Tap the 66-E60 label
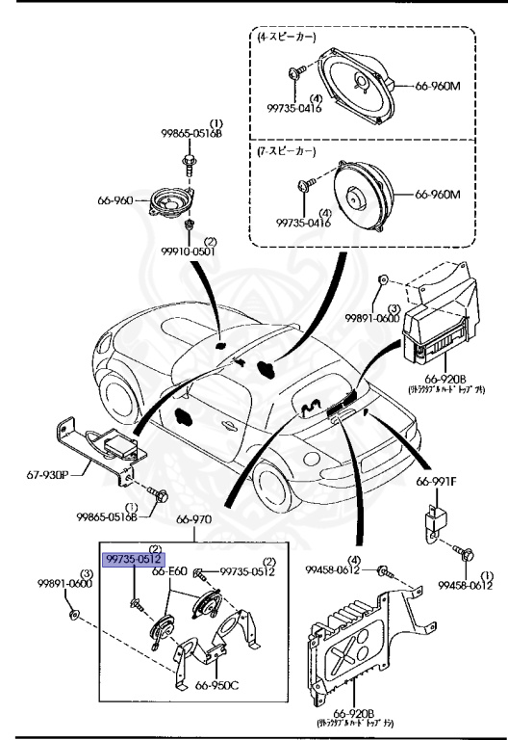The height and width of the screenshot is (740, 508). pyautogui.click(x=169, y=571)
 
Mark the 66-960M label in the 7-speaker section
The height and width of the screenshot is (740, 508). pyautogui.click(x=438, y=194)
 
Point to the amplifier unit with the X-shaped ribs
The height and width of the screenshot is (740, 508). pyautogui.click(x=349, y=653)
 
